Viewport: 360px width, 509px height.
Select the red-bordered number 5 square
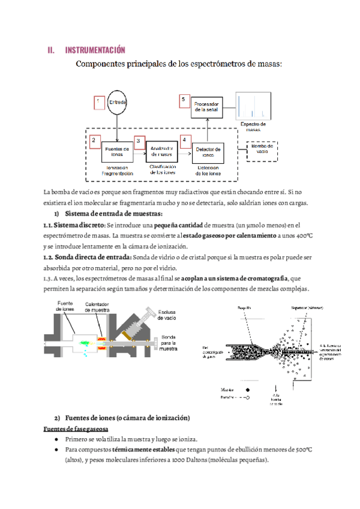click(185, 101)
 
